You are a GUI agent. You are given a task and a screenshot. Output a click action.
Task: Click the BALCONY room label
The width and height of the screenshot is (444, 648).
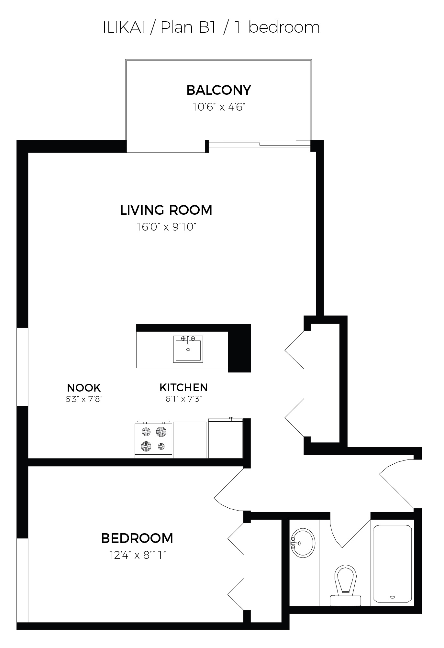219,90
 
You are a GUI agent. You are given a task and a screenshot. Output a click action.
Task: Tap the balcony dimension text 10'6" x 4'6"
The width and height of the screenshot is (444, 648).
217,107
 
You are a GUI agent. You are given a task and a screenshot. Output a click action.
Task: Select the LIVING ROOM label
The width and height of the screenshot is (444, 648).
166,210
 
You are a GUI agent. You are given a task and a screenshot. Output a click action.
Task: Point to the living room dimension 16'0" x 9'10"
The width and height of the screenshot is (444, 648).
166,227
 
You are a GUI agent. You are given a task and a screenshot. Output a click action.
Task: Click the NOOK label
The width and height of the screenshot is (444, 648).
84,388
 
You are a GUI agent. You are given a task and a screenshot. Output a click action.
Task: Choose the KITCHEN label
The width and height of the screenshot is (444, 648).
183,387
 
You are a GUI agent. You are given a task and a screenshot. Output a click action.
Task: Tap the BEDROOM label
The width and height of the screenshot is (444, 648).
137,538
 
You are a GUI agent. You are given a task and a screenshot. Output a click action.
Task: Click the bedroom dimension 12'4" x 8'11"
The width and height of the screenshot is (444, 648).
138,556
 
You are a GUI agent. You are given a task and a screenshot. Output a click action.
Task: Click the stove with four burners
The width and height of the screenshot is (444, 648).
153,440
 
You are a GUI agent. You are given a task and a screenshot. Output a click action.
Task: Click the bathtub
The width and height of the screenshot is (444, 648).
393,564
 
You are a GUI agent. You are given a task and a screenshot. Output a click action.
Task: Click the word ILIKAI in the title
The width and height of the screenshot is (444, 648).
123,27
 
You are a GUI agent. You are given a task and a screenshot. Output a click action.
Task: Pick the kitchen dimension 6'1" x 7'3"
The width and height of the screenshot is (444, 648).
183,399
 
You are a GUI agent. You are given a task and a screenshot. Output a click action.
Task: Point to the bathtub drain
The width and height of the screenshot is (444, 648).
393,597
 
